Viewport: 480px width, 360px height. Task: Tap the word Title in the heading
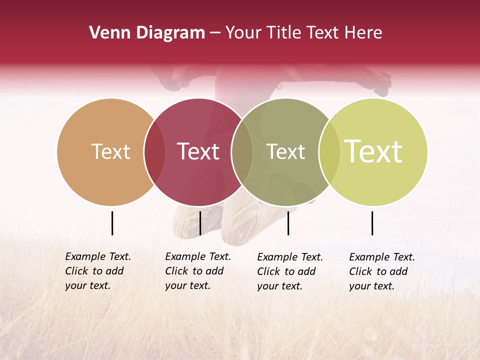click(283, 33)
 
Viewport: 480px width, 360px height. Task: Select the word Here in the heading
click(364, 33)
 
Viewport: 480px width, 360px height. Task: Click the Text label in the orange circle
click(110, 151)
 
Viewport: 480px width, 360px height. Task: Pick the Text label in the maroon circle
click(198, 151)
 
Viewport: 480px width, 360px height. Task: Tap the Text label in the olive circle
click(285, 151)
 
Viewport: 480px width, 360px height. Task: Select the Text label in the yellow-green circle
click(373, 151)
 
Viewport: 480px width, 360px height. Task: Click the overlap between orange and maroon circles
click(154, 152)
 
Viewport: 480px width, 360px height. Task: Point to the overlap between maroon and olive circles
click(242, 152)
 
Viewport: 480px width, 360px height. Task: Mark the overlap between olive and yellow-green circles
click(329, 152)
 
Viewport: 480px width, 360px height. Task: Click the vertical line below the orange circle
click(112, 223)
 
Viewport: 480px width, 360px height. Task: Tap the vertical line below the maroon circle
click(200, 223)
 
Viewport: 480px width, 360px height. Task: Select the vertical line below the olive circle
click(288, 223)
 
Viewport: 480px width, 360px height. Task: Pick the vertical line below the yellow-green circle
click(372, 223)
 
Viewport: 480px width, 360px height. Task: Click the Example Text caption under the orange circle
click(97, 271)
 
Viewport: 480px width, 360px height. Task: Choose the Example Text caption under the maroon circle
click(197, 271)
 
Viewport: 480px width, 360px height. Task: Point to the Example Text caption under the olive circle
click(289, 271)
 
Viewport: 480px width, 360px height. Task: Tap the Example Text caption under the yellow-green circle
click(381, 271)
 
